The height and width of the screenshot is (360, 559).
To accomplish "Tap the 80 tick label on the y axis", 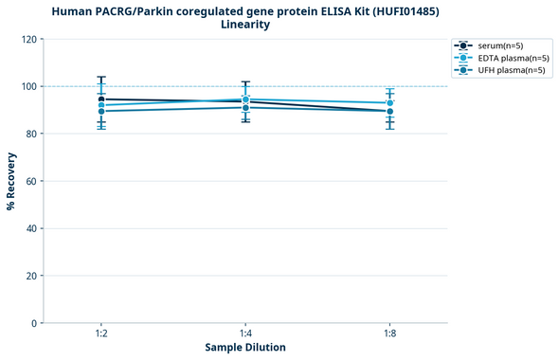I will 29,134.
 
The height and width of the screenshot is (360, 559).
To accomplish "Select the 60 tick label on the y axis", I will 29,181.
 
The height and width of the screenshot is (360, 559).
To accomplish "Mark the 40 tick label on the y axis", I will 29,228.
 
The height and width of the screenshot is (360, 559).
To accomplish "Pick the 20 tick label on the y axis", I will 29,276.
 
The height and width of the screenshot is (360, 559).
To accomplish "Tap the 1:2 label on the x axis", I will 100,334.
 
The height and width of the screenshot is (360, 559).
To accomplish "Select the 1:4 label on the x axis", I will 245,334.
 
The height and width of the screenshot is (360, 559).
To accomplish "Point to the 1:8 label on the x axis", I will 389,334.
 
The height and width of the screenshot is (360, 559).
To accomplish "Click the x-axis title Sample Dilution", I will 245,348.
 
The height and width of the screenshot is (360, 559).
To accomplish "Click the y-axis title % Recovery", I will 11,180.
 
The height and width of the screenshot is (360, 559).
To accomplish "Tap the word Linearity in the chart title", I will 245,25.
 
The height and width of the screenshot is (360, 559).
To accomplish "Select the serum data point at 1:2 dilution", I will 101,99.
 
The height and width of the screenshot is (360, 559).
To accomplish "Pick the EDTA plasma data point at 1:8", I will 389,102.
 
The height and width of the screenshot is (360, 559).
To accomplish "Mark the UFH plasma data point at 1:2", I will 101,112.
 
